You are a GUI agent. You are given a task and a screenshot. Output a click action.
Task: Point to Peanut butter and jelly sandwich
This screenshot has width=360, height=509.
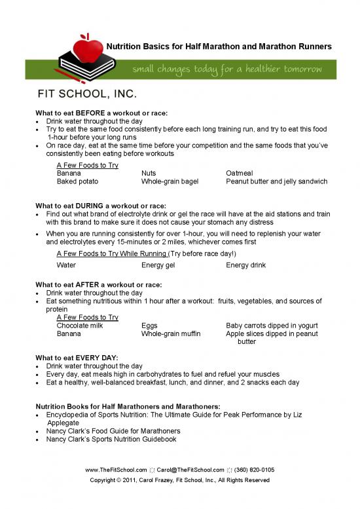tap(276, 181)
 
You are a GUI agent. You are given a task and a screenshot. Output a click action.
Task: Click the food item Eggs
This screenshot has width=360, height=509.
tap(150, 325)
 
